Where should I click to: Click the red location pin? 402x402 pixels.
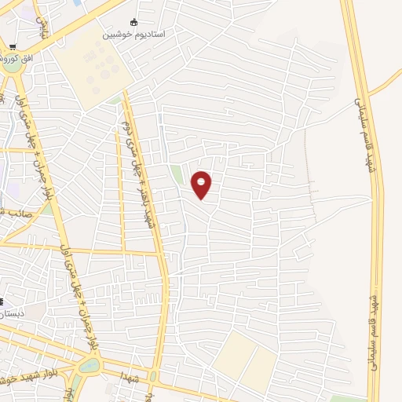[x=202, y=184]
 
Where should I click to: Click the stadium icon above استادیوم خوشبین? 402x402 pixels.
[x=133, y=22]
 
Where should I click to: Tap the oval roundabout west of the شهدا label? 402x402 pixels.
[x=89, y=364]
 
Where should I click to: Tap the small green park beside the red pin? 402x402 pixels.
[x=177, y=174]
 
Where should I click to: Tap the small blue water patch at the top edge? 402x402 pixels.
[x=76, y=3]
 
